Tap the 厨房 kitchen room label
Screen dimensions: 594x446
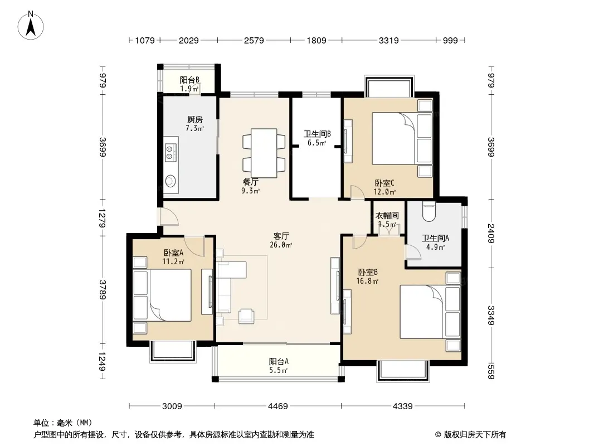194,120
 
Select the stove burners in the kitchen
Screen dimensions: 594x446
171,152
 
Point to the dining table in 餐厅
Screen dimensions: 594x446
264,153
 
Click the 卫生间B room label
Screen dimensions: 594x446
317,134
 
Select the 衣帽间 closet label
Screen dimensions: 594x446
387,216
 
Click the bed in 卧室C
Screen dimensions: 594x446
402,138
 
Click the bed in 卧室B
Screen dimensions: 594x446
430,312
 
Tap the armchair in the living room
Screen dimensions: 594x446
246,316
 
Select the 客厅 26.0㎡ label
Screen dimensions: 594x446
281,240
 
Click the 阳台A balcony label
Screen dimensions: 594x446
279,361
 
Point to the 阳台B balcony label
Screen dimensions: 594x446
189,80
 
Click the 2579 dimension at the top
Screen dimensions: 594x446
254,40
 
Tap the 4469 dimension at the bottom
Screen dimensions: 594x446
278,406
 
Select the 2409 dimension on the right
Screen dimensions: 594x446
491,234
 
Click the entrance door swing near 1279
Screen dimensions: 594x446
169,217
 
